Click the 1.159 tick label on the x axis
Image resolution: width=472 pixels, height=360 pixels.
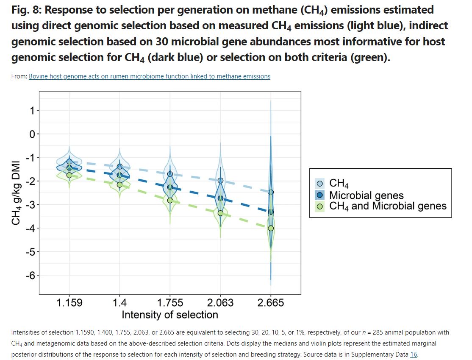coord(69,303)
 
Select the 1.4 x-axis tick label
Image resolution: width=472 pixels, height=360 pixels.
coord(119,303)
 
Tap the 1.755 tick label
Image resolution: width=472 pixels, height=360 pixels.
coord(170,303)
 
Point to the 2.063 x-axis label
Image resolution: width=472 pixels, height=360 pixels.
coord(220,303)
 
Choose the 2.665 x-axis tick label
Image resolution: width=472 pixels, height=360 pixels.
coord(271,303)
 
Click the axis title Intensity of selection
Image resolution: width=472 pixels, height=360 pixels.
coord(170,315)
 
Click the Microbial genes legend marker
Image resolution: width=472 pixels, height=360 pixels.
coord(320,195)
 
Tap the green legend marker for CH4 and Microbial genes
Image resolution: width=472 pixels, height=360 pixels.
coord(320,206)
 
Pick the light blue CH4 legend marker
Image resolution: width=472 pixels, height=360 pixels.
coord(320,184)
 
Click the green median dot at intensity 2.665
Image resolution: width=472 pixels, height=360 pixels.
coord(271,228)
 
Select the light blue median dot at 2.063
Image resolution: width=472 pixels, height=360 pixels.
coord(220,181)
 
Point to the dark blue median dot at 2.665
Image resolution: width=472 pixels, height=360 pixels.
coord(271,212)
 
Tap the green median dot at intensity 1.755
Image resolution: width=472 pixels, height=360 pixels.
coord(170,200)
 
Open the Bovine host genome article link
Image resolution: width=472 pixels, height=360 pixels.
coord(149,76)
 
